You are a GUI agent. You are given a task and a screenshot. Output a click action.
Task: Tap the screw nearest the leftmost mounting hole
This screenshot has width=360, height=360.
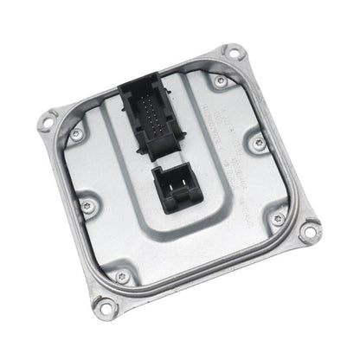pos(77,134)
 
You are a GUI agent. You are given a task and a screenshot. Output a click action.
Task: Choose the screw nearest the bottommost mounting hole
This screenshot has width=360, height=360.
pos(121,275)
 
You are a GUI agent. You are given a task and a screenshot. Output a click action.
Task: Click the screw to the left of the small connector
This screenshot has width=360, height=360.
pos(87,205)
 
